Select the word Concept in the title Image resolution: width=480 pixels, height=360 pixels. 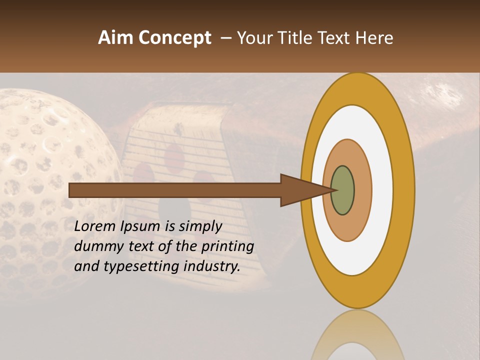175,38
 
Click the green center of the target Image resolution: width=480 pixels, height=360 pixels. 342,190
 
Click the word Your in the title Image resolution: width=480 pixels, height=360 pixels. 251,38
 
